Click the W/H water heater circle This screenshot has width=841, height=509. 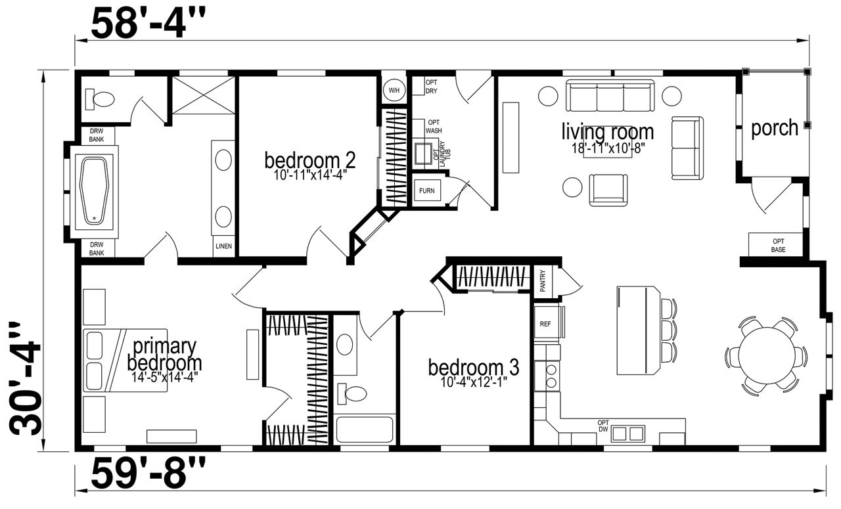coord(394,91)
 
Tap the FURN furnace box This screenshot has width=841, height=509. coord(427,190)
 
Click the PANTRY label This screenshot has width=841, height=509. coord(543,281)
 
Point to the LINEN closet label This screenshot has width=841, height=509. coord(224,246)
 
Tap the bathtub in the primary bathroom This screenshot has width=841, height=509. coord(95,191)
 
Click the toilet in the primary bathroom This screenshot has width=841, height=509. coord(99,99)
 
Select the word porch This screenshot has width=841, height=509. coord(775,128)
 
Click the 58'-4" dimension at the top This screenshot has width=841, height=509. coord(148,24)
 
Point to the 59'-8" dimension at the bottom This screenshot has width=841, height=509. coord(148,474)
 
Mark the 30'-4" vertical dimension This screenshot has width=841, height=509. coord(25,378)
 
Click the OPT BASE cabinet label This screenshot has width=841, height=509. coord(779,245)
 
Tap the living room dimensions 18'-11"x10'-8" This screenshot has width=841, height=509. coord(608,148)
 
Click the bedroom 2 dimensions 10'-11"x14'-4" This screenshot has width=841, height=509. coord(309,175)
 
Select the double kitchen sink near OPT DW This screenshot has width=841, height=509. coord(627,434)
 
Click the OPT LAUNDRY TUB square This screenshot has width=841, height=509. coord(424,154)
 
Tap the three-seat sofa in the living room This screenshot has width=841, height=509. coord(610,95)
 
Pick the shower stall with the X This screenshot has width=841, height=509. coord(204,95)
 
